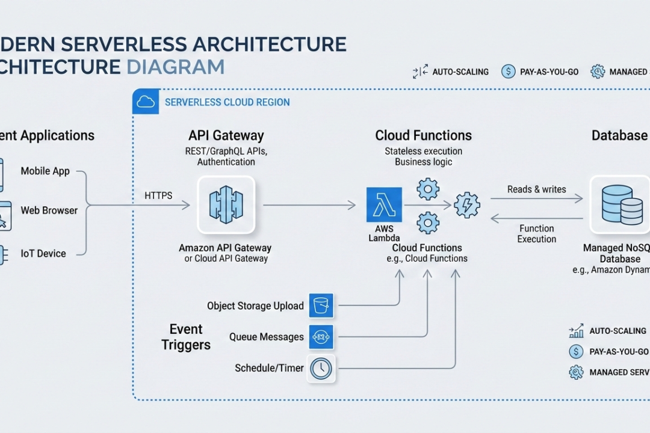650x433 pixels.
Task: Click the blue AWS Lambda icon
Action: (x=384, y=204)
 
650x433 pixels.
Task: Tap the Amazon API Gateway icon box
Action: (x=226, y=205)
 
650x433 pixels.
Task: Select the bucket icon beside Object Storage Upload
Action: (x=321, y=306)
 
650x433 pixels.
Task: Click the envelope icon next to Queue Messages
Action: (x=321, y=337)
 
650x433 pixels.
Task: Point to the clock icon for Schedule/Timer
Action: (x=321, y=368)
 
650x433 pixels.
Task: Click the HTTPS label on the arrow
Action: (x=158, y=195)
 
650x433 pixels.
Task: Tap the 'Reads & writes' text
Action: (x=536, y=189)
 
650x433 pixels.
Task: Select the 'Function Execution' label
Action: (x=536, y=233)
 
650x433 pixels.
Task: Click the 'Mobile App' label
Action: (x=45, y=171)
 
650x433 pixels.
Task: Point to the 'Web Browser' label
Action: (x=49, y=210)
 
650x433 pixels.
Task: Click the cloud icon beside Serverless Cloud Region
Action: (x=146, y=102)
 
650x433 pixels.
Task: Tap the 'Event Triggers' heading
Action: (x=186, y=337)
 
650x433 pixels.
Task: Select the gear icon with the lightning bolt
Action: (x=467, y=205)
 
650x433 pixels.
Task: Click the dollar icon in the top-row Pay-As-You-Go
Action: (x=508, y=72)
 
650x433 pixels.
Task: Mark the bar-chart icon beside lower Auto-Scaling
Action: (x=576, y=331)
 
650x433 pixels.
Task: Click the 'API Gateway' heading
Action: (x=226, y=136)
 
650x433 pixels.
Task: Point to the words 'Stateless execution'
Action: (x=424, y=151)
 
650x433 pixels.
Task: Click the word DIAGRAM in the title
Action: (x=176, y=66)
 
